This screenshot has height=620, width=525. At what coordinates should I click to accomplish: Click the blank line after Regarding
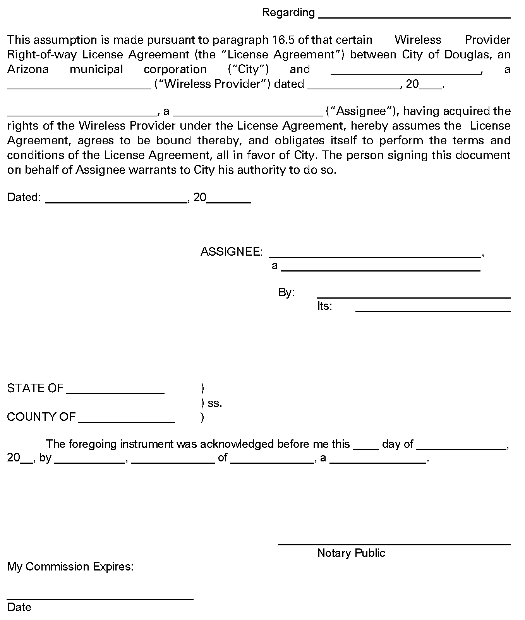414,17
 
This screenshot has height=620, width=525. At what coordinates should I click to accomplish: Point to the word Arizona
28,69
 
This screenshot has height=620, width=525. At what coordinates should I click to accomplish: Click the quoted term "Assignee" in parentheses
362,111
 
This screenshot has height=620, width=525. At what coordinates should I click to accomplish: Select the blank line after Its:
433,310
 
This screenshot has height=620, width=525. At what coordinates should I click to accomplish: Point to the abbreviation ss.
215,403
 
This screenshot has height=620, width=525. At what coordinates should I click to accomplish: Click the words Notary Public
351,553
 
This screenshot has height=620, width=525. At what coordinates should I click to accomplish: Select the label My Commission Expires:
70,567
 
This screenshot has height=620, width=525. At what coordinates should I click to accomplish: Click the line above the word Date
100,598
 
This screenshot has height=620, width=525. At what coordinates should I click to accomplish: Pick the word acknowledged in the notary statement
237,444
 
